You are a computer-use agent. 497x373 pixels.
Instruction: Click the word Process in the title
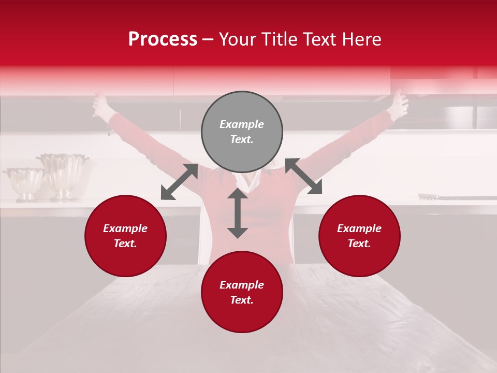163,39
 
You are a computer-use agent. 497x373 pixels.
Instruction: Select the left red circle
125,236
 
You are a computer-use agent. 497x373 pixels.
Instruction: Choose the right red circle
359,236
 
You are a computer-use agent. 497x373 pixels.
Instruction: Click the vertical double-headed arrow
238,213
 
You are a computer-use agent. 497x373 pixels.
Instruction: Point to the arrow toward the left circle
179,182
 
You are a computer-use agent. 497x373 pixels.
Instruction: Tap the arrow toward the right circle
303,176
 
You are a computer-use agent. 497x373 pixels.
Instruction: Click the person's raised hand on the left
100,105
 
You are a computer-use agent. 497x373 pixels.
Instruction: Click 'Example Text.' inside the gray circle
242,132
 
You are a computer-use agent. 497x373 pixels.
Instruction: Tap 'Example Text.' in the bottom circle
242,292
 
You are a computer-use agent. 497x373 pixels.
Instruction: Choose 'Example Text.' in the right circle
359,236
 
